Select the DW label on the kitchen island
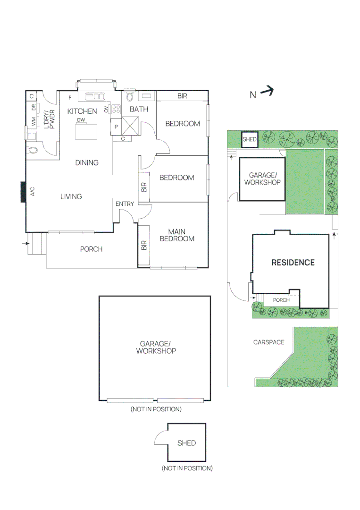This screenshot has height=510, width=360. (x=81, y=120)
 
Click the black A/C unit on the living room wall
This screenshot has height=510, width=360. (x=23, y=192)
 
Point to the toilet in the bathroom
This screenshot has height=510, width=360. (x=131, y=97)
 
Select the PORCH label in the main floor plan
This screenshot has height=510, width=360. (x=91, y=249)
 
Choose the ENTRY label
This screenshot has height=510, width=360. (x=125, y=204)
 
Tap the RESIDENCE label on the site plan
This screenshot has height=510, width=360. (x=293, y=263)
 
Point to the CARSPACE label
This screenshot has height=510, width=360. (x=268, y=342)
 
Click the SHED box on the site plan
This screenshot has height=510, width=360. (x=249, y=139)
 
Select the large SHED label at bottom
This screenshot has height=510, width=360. (x=186, y=443)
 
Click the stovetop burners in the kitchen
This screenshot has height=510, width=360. (x=116, y=110)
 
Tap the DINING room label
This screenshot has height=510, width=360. (x=87, y=163)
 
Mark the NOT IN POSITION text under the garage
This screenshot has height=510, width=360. (x=156, y=409)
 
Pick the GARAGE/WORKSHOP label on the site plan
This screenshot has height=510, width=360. (x=261, y=178)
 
